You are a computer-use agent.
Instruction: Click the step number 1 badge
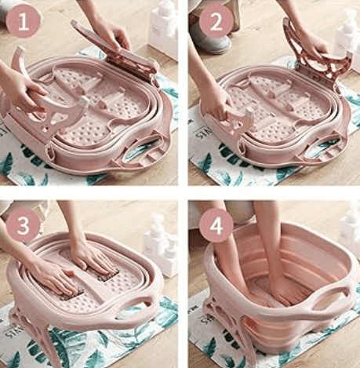(24, 21)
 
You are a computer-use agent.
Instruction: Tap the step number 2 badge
(216, 21)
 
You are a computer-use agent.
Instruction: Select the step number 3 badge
(23, 225)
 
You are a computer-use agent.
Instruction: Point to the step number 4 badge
(216, 225)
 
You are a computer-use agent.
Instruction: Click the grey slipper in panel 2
(210, 39)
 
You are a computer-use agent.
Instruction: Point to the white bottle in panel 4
(349, 230)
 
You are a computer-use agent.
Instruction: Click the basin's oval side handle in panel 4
(330, 297)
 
